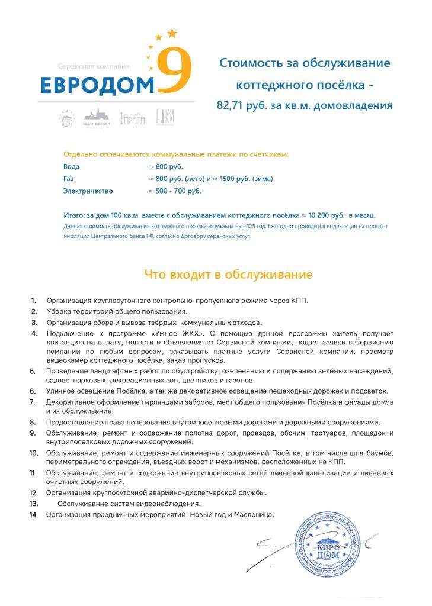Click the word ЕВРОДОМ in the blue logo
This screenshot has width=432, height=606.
[97, 85]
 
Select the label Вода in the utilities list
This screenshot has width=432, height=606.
[71, 166]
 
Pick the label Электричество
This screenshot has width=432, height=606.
[88, 191]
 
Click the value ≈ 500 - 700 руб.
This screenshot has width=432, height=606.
[175, 191]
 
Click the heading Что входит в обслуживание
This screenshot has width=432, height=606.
[228, 275]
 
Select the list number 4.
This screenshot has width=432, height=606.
[34, 333]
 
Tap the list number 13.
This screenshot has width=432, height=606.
[34, 504]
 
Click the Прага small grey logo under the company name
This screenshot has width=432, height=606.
[132, 118]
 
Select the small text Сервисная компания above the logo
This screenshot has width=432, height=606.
[94, 66]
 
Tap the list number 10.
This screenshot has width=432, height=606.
[34, 453]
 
